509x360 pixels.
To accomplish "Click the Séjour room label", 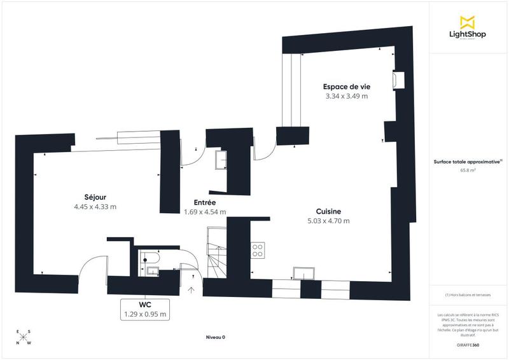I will click(95, 196).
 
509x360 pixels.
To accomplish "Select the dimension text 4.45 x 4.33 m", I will click(95, 207).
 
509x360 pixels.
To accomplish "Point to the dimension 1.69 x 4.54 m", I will click(205, 212).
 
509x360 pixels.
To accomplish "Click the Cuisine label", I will click(329, 211).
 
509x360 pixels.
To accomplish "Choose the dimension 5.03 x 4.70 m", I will click(329, 221).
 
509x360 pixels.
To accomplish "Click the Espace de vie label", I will click(347, 87).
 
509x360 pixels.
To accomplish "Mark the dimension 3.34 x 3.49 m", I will click(347, 97).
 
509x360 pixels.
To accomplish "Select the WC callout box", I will click(144, 308).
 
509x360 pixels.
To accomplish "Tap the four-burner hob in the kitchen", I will click(258, 250).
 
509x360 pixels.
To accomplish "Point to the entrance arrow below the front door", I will click(192, 291).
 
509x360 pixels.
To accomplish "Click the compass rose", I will click(23, 338).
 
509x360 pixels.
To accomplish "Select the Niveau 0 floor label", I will click(216, 336).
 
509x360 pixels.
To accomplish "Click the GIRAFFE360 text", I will click(468, 343).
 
